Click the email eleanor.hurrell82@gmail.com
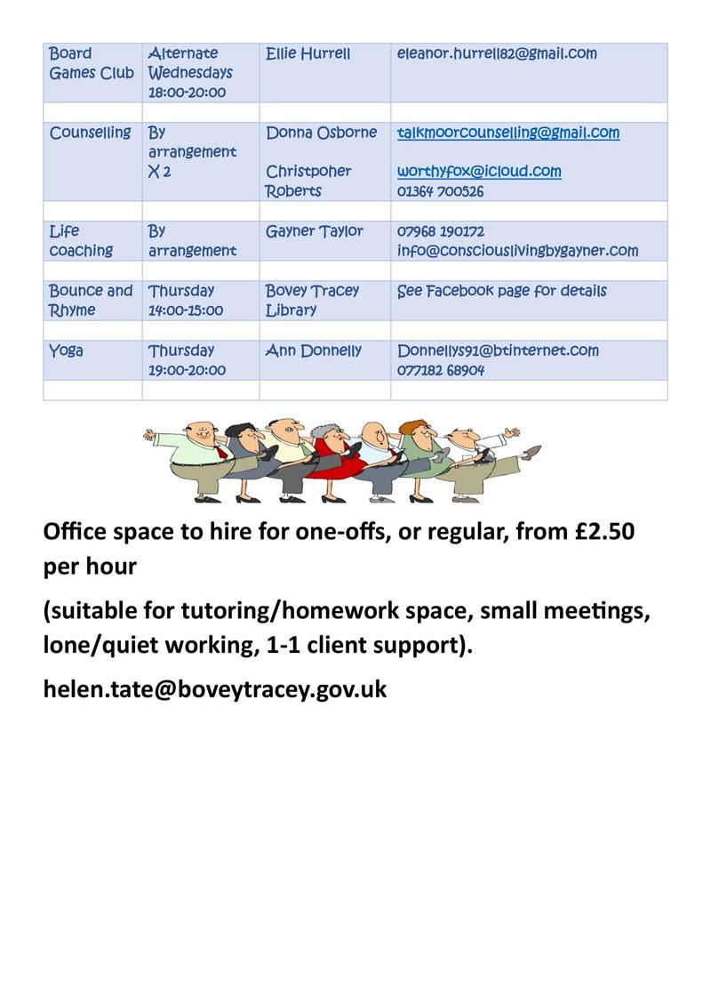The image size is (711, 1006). coord(497,54)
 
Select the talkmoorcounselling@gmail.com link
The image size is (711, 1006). coord(508,133)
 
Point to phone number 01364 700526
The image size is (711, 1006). coord(441,191)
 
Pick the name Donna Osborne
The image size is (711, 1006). coord(321,133)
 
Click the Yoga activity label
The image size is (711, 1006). coord(67,350)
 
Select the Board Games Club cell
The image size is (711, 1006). coord(92,63)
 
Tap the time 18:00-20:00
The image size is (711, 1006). coord(187,93)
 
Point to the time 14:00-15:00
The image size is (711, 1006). coord(186,310)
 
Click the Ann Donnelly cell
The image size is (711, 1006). coord(314,350)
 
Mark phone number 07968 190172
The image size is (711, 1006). coord(441,231)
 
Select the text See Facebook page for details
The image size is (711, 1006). coord(502,291)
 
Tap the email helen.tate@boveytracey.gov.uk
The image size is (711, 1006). coord(215,688)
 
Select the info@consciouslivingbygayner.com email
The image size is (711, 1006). coord(517,251)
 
